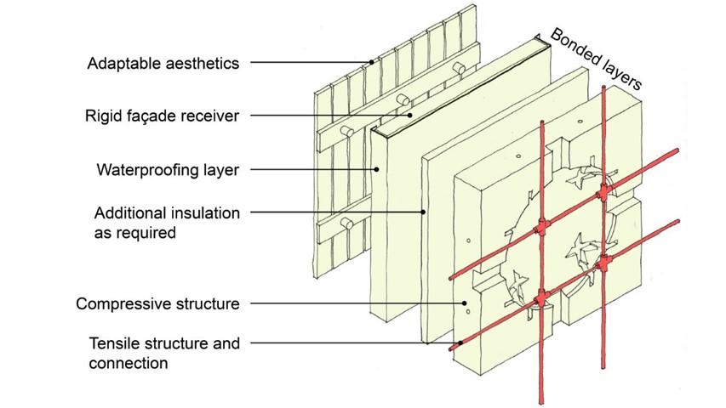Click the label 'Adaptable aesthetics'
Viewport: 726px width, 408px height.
(163, 62)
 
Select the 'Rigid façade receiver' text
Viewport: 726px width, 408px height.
(162, 115)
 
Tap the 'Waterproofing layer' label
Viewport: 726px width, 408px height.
(168, 169)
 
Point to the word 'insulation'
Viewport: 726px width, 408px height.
(209, 212)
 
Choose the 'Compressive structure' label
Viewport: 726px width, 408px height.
(157, 303)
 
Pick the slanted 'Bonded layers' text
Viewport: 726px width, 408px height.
(596, 58)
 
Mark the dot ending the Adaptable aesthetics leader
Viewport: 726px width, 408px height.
(372, 62)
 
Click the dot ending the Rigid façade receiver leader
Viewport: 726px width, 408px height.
(410, 115)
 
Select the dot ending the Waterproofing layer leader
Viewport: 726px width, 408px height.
(375, 169)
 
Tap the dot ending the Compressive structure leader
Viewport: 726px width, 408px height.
(464, 303)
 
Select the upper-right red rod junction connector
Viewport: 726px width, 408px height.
(603, 195)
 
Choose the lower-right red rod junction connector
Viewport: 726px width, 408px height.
(603, 264)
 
